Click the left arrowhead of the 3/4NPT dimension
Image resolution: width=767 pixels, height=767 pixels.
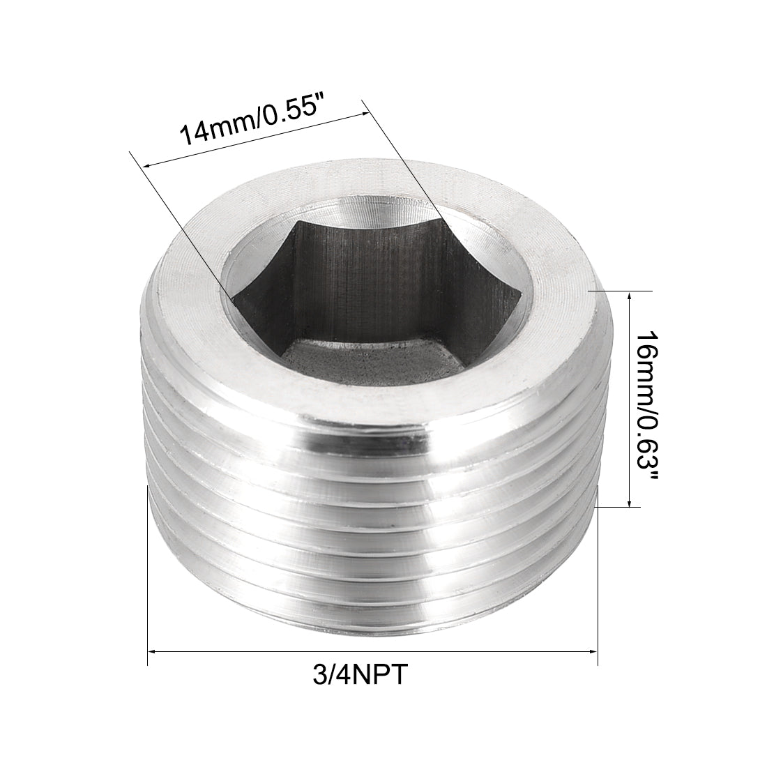153,651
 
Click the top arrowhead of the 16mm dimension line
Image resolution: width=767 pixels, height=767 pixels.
630,296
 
